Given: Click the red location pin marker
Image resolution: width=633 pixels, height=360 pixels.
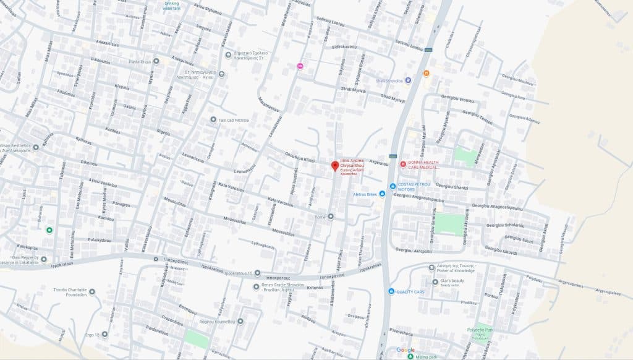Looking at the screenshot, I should point(334,166).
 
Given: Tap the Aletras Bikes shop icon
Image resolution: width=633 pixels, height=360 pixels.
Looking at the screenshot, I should point(382,194).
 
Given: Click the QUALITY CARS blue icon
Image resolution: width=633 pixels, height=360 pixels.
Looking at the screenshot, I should point(391,291).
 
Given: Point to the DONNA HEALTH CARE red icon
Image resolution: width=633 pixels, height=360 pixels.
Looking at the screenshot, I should point(402,164).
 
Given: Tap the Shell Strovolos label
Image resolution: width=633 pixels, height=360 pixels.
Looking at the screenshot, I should point(389,80).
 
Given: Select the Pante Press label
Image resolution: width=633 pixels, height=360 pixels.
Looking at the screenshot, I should point(140,61).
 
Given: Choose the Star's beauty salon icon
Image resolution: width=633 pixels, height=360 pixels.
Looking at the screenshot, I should point(435,282).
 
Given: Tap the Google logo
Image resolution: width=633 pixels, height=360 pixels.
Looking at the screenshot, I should point(406,350).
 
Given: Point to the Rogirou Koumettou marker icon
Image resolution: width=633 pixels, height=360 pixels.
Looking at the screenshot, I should point(240,321).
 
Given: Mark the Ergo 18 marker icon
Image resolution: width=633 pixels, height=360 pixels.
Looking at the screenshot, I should point(104,335).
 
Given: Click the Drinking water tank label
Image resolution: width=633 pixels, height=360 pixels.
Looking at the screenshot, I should point(171,6).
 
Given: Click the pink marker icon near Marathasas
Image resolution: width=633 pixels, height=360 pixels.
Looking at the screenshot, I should point(300,66).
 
